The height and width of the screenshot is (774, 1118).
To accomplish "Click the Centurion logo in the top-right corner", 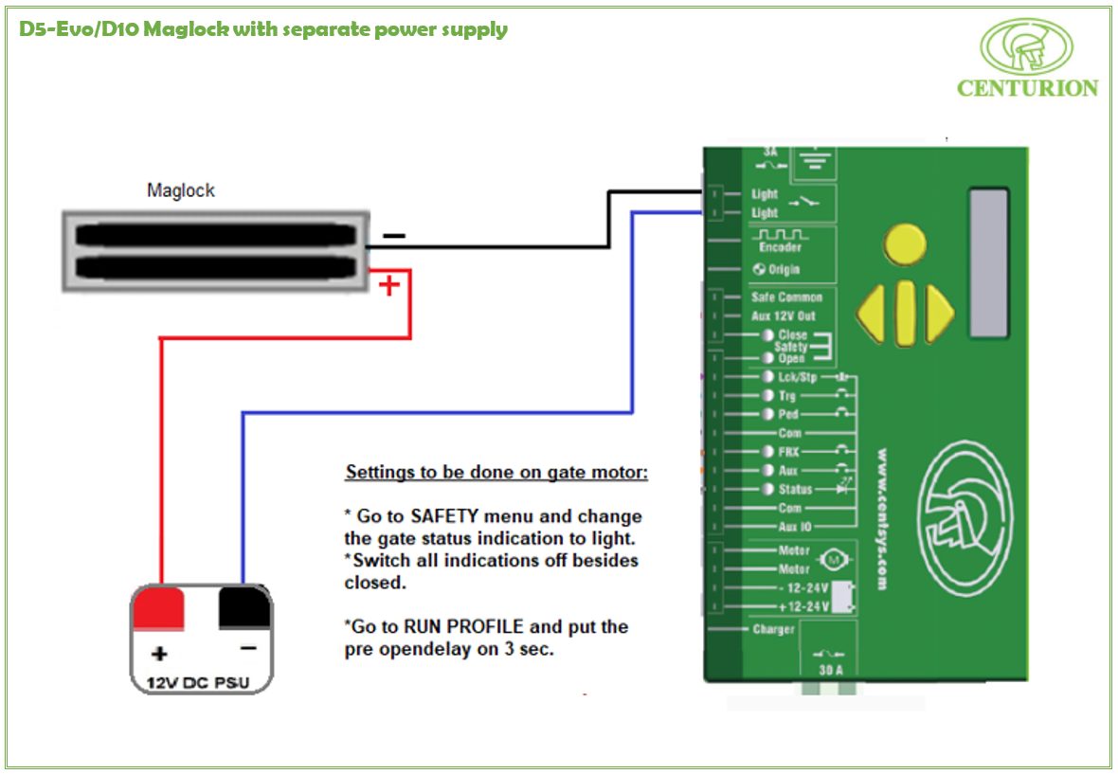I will (1027, 58).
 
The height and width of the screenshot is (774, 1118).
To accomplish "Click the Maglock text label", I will (181, 190).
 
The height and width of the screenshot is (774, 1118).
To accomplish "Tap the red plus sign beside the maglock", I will (388, 285).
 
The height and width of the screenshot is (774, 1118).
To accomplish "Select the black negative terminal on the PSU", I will (244, 607).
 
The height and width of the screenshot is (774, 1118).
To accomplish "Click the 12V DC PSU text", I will (200, 681).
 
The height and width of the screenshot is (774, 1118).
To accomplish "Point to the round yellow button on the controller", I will (905, 244).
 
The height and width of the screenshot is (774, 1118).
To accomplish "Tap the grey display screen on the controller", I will (988, 262).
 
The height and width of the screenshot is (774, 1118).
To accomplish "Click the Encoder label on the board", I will (780, 247).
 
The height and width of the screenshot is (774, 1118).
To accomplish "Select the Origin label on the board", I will (783, 269).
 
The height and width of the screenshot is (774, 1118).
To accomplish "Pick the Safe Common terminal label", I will (786, 297).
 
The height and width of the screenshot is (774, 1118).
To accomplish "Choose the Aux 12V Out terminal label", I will (783, 315).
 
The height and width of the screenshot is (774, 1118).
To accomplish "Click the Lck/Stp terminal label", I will (797, 377).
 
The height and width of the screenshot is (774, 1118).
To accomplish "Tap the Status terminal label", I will (795, 490).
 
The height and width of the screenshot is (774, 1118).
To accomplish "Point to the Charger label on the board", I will (773, 629).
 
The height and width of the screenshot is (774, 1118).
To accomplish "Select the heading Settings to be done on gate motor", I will (496, 471).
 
